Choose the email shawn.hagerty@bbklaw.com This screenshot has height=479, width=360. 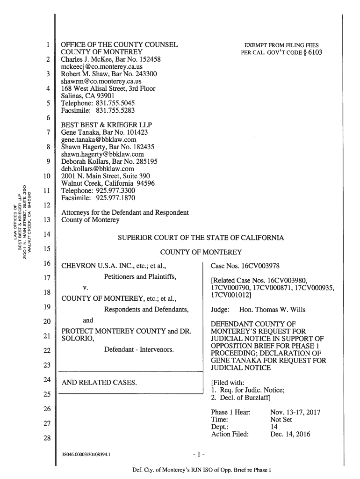point(102,154)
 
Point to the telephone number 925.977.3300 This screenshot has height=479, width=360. point(115,191)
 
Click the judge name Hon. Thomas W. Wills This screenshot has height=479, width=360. point(273,310)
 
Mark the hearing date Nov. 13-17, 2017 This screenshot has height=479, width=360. point(295,413)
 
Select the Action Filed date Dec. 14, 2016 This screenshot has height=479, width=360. point(291,434)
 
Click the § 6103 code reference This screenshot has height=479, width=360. point(312,52)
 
